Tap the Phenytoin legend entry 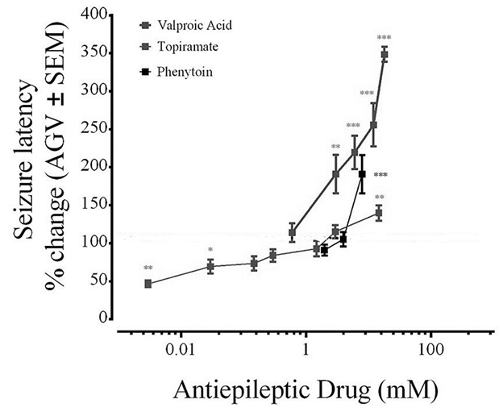[170, 72]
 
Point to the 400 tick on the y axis [95, 15]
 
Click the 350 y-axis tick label [95, 53]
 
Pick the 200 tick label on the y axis [95, 167]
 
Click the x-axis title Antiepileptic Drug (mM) [305, 392]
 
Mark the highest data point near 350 [385, 54]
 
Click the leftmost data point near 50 [148, 283]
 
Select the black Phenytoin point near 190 [363, 174]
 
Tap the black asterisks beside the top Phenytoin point [381, 175]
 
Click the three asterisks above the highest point [385, 38]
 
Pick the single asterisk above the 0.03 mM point [210, 250]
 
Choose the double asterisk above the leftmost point [148, 268]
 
